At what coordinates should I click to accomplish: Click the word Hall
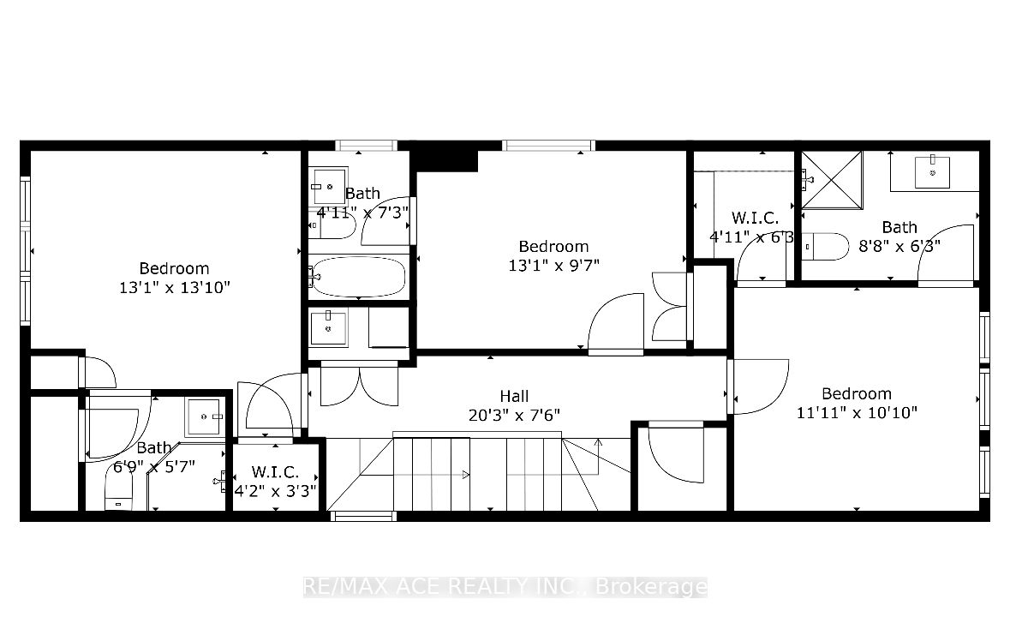[x=514, y=396]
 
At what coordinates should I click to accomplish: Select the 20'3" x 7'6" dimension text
[x=514, y=415]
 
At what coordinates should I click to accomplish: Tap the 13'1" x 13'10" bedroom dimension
[x=175, y=287]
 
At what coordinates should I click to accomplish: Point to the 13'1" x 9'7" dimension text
[x=553, y=265]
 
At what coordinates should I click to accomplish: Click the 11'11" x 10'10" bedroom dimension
[x=857, y=412]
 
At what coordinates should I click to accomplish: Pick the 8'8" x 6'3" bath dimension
[x=899, y=246]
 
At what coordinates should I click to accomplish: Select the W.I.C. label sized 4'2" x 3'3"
[x=275, y=472]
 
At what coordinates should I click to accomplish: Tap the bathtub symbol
[x=358, y=276]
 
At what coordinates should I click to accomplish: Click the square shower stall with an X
[x=831, y=180]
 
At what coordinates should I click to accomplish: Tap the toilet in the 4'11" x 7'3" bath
[x=332, y=225]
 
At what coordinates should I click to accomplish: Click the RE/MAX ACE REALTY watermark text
[x=505, y=587]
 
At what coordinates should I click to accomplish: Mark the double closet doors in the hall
[x=358, y=385]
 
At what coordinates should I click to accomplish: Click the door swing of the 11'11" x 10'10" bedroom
[x=761, y=386]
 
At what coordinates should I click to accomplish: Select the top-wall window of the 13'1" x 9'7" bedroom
[x=548, y=145]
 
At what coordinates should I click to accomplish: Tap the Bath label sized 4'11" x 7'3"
[x=362, y=194]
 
